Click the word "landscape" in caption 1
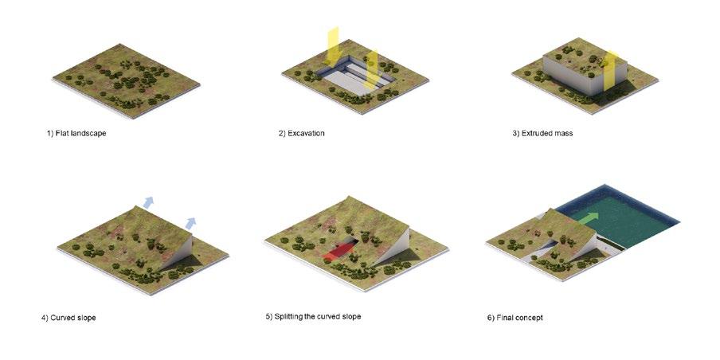click(x=88, y=134)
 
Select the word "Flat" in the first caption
click(x=62, y=134)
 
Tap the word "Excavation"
click(x=307, y=134)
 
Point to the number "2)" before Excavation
click(x=282, y=134)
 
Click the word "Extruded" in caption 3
click(x=536, y=134)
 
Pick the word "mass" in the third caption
click(x=563, y=134)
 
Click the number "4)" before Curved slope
click(x=45, y=318)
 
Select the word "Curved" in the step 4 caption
click(x=62, y=318)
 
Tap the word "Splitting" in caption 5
click(x=289, y=316)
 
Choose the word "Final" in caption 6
click(x=504, y=318)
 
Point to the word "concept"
click(x=529, y=318)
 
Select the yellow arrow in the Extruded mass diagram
click(x=611, y=70)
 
